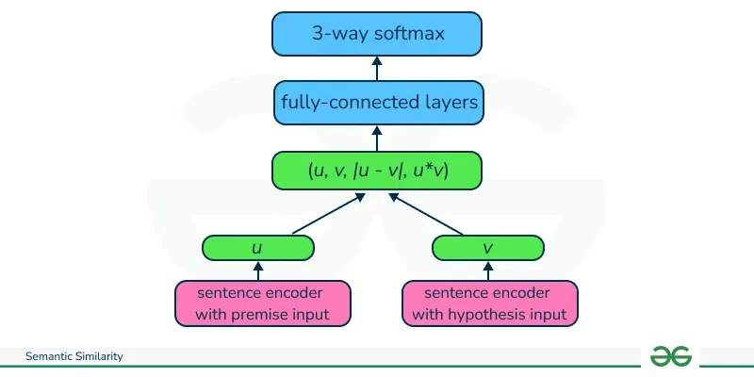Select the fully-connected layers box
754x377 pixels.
click(377, 103)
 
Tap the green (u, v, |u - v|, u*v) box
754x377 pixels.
click(377, 171)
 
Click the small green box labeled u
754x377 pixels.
click(257, 248)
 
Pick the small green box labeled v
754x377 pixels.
click(488, 248)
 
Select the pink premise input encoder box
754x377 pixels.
click(263, 303)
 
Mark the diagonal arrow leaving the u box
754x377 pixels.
click(325, 214)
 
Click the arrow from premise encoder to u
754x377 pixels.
click(258, 270)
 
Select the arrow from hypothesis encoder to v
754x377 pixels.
click(488, 270)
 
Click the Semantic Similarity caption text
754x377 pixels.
click(74, 356)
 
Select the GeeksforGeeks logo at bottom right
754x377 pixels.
click(670, 355)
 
